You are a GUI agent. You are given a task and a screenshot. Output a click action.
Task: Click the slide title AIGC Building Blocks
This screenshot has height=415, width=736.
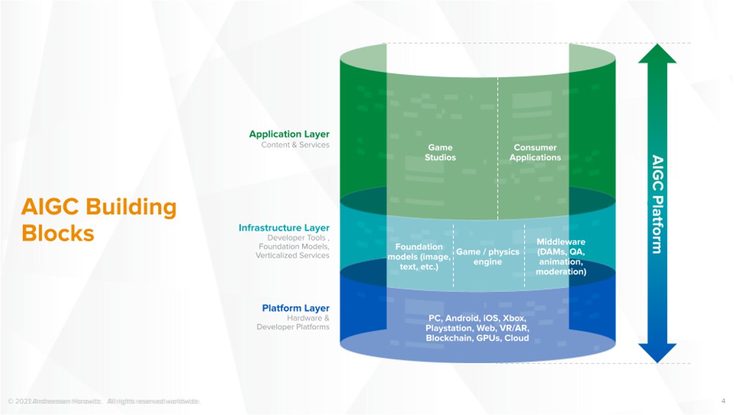[x=98, y=220]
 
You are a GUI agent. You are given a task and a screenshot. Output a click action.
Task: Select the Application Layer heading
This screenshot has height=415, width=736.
[x=289, y=134]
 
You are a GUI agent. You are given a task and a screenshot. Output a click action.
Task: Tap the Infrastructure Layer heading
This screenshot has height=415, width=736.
[x=284, y=228]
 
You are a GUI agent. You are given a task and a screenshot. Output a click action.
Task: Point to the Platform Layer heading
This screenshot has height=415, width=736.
[x=296, y=308]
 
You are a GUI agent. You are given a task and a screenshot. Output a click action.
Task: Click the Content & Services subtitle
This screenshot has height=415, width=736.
[x=295, y=145]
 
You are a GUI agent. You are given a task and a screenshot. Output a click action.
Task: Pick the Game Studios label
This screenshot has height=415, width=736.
[x=440, y=153]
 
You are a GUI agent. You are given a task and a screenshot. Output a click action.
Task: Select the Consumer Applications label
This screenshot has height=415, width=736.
[x=535, y=153]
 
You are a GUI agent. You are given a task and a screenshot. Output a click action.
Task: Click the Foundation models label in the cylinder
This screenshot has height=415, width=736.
[x=419, y=256]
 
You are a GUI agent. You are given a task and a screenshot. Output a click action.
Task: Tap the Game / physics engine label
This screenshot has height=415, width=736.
[x=488, y=256]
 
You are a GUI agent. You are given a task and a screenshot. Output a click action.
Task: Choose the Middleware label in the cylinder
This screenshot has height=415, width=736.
[x=561, y=256]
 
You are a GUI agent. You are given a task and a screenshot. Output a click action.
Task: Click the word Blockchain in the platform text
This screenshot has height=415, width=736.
[x=450, y=338]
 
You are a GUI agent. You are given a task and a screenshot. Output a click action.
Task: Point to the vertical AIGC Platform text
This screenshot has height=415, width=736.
[x=657, y=204]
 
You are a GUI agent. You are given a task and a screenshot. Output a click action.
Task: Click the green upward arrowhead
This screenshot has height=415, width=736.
[x=657, y=54]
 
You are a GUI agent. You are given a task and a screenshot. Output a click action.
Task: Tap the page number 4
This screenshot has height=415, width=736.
[x=722, y=401]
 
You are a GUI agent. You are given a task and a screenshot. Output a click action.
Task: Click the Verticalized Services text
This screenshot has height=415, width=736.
[x=292, y=256]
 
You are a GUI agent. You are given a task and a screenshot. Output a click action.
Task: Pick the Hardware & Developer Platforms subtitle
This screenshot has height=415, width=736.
[x=293, y=322]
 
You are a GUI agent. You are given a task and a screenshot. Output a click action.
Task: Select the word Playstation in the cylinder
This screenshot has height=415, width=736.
[x=449, y=328]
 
